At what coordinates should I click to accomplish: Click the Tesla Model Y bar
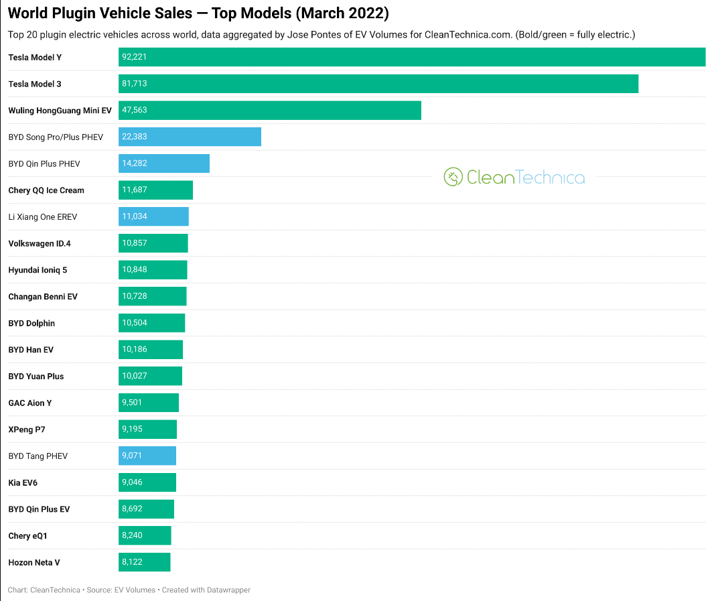412,57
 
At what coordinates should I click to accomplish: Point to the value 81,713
135,84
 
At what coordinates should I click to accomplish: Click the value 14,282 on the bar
135,163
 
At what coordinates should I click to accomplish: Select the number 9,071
132,456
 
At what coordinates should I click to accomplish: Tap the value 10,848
135,269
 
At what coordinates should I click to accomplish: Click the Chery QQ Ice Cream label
46,190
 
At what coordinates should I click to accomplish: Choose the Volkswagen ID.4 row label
40,243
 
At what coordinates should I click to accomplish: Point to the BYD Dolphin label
31,323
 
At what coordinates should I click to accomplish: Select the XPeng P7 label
27,429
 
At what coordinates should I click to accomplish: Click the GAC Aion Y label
30,403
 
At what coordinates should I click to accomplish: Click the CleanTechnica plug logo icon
453,177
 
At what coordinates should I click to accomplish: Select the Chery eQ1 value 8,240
132,535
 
